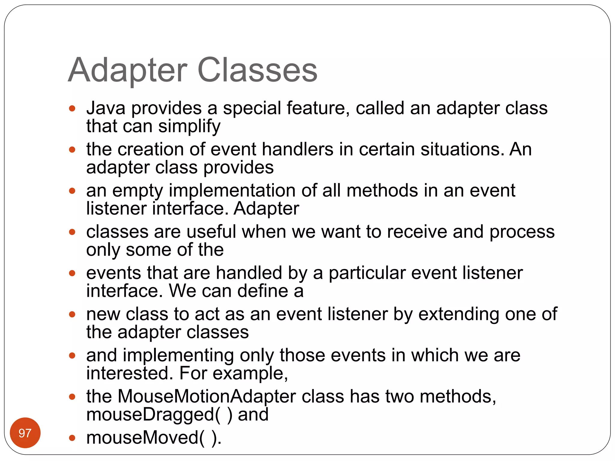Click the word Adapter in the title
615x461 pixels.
coord(128,71)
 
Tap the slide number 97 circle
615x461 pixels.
coord(25,433)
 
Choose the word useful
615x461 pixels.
coord(211,232)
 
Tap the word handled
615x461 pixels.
coord(249,273)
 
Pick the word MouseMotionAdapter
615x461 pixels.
coord(207,397)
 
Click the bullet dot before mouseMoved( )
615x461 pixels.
coord(72,438)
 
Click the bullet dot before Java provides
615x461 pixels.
coord(72,108)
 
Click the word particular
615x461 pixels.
coord(367,273)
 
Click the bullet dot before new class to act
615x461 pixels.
coord(72,315)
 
